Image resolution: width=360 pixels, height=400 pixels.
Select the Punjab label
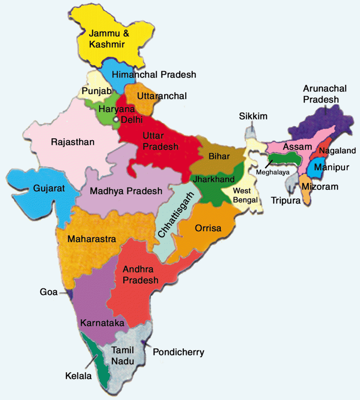pos(96,91)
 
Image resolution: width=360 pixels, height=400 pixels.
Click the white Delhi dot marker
pos(116,120)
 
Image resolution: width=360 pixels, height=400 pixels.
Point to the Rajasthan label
pos(73,141)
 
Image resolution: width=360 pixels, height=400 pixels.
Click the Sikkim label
pos(253,116)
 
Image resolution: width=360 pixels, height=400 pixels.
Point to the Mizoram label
pos(321,187)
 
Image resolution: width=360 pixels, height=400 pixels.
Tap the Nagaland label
pos(337,151)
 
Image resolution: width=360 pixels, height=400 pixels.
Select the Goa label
pos(48,293)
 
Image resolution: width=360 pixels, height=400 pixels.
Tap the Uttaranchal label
pos(162,96)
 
